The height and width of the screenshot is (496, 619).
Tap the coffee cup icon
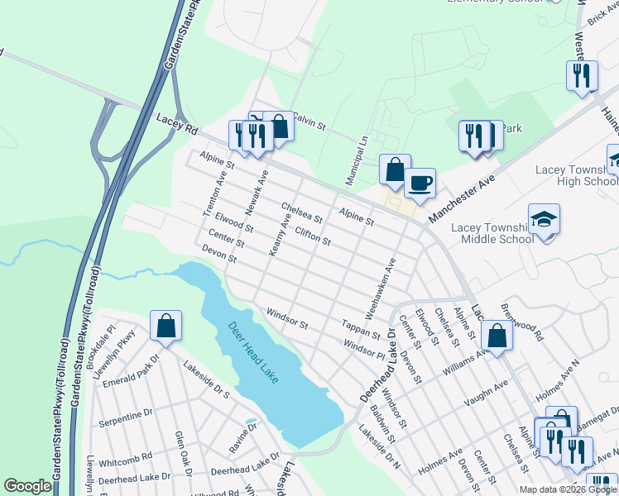coord(420,184)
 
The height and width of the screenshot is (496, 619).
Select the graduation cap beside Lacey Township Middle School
coord(545,220)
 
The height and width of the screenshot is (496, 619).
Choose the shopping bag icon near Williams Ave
coord(497,336)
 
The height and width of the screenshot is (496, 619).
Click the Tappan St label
coord(359,329)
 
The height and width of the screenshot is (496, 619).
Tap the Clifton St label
coord(313,237)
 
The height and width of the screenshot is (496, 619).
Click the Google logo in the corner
coord(27,487)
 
